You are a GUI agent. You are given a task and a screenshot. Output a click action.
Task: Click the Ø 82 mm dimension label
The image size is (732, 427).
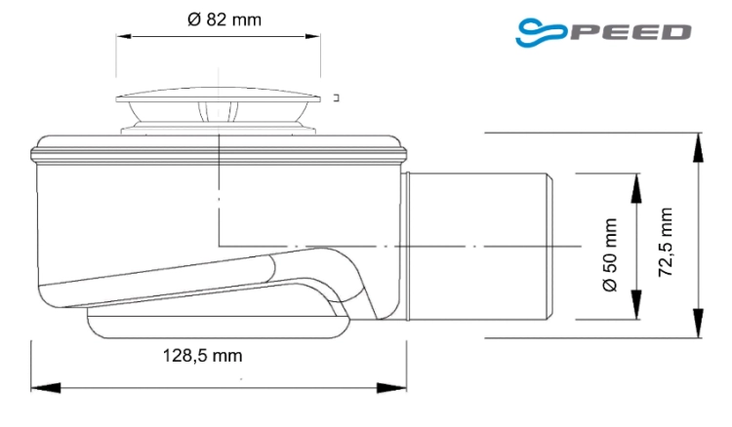point(224,19)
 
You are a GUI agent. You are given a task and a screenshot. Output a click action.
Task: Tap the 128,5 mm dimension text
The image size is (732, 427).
point(202,356)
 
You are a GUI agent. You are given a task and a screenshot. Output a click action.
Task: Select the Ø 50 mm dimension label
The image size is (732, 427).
point(610,255)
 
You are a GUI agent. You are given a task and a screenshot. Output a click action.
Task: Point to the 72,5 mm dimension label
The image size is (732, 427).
point(666,242)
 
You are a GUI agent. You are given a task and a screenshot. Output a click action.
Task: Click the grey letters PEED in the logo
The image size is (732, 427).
point(630,32)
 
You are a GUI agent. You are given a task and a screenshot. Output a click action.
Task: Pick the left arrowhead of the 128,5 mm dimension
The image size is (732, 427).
point(46,388)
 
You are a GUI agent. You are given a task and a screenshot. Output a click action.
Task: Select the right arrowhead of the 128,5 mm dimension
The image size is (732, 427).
point(391,388)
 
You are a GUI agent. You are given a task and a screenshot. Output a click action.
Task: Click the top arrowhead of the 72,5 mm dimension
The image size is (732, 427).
point(698,148)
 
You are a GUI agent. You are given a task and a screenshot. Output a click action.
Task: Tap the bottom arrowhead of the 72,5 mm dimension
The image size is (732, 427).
point(698,323)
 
